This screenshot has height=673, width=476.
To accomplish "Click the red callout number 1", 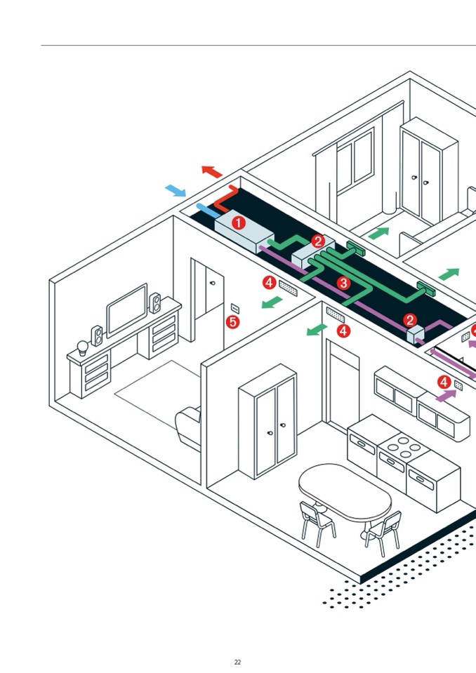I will (x=239, y=223).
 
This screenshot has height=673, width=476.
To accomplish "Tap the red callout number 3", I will (x=343, y=283).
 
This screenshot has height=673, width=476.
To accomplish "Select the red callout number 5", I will (x=232, y=322).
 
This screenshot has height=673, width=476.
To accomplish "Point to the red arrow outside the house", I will (x=211, y=171).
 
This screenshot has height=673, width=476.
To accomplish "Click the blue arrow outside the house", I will (x=176, y=190).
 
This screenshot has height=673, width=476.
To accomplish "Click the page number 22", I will (x=237, y=662).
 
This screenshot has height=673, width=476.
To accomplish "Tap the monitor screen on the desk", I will (x=126, y=310).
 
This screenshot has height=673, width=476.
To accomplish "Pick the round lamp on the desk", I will (x=82, y=347).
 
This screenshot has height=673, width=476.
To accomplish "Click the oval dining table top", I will (x=345, y=491).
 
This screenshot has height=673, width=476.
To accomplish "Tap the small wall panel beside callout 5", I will (x=234, y=308).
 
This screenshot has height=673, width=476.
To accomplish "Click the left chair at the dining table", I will (x=317, y=523).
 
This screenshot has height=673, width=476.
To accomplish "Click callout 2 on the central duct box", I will (x=318, y=241).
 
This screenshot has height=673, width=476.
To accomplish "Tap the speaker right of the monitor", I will (x=155, y=303).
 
